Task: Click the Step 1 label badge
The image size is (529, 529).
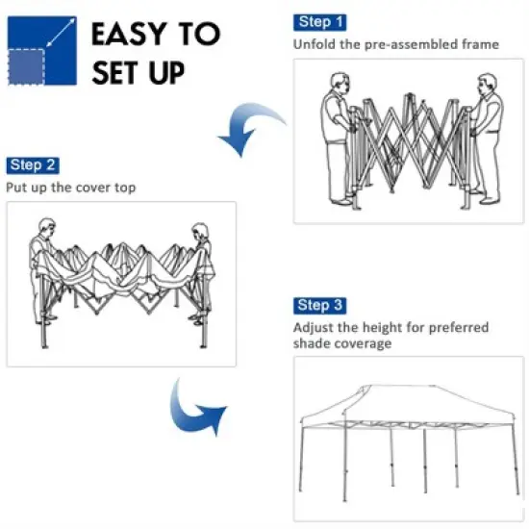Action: click(320, 22)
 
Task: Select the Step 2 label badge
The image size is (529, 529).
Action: click(33, 165)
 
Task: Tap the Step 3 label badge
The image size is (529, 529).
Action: click(319, 306)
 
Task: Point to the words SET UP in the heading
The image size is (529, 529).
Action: click(139, 74)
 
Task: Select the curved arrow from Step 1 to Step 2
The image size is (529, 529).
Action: click(252, 130)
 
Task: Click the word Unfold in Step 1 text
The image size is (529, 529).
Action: click(314, 44)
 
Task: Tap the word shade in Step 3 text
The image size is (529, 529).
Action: click(315, 344)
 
